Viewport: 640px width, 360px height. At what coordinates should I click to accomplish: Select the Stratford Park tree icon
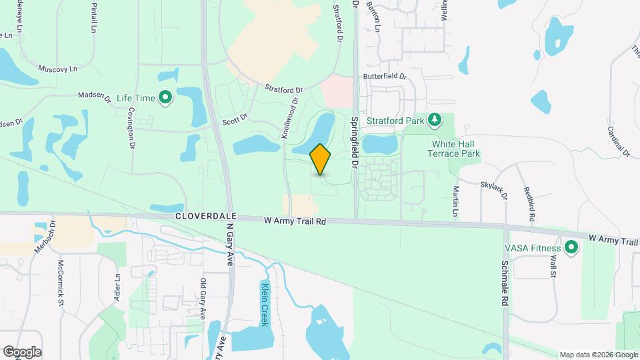435,119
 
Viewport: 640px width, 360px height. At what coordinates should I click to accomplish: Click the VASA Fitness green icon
571,248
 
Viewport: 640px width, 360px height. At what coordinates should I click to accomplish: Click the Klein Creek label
265,303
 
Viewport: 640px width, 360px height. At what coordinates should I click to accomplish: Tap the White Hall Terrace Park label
456,149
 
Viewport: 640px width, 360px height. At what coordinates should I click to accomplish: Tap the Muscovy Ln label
58,68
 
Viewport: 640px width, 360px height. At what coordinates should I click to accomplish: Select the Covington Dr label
131,127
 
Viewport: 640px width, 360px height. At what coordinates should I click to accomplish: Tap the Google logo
22,352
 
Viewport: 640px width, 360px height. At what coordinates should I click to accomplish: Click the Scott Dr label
235,119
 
